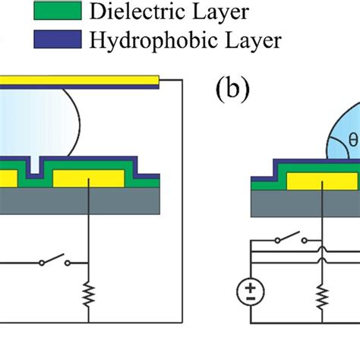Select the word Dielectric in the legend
(x=129, y=11)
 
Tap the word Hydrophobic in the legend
(x=144, y=39)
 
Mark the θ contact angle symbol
(x=352, y=140)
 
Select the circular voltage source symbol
(x=249, y=292)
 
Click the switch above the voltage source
(x=289, y=242)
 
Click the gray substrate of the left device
(x=76, y=201)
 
